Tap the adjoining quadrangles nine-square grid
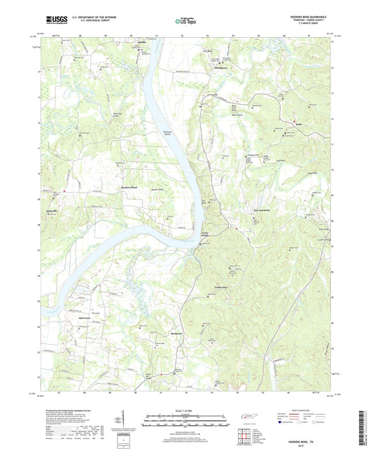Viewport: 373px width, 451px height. coord(244,436)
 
